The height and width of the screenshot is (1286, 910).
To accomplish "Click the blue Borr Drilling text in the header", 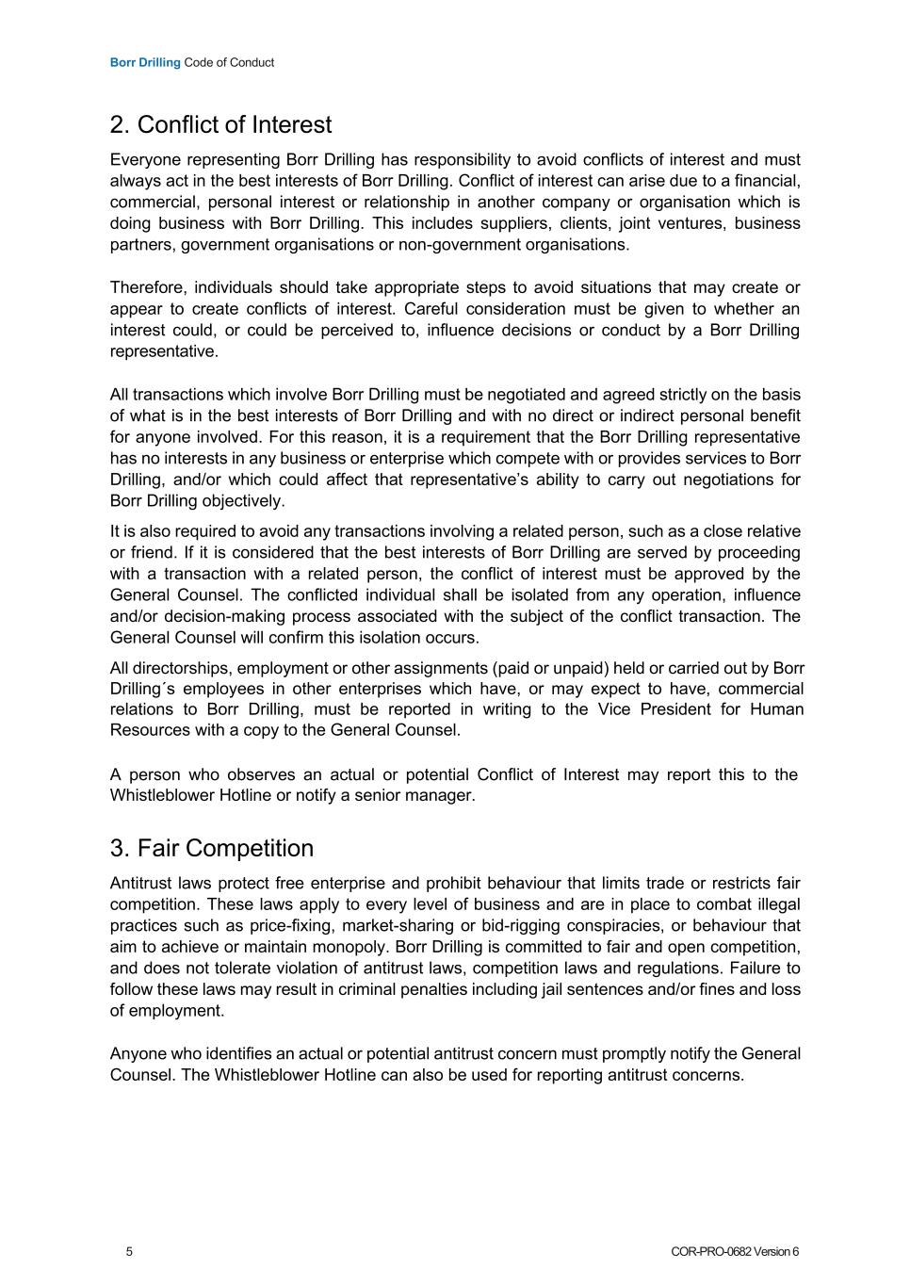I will tap(145, 63).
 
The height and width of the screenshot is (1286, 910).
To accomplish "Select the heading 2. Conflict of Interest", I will tap(220, 125).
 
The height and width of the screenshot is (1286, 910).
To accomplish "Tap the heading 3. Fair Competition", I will tap(211, 848).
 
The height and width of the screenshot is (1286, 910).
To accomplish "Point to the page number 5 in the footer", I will tap(129, 1252).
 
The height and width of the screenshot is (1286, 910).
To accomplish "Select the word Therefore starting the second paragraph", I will tap(148, 287).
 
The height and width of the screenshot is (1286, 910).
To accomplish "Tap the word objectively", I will tap(242, 501).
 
